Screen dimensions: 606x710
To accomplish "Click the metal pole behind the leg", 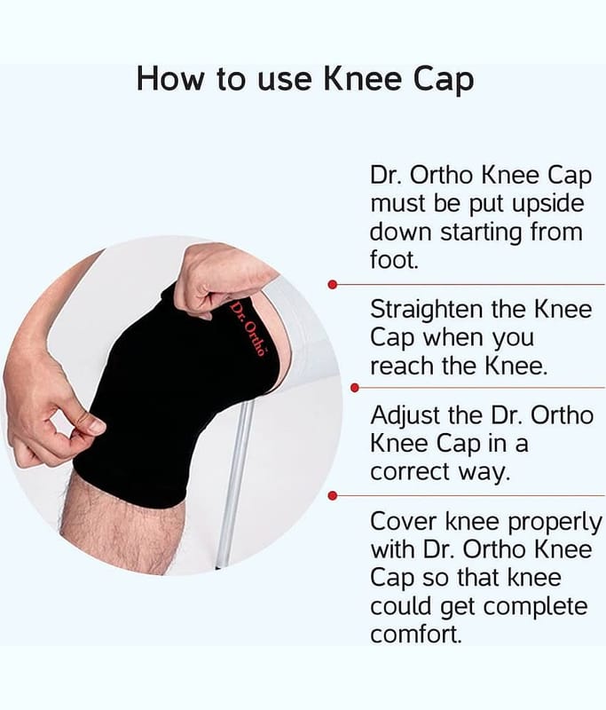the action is pyautogui.click(x=235, y=480).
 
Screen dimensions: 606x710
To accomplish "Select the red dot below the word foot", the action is pyautogui.click(x=333, y=284).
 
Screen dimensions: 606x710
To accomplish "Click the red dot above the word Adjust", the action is pyautogui.click(x=355, y=388).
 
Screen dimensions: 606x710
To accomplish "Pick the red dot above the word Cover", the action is pyautogui.click(x=333, y=496).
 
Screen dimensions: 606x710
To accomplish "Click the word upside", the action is pyautogui.click(x=548, y=205).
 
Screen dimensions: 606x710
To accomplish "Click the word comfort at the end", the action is pyautogui.click(x=414, y=634).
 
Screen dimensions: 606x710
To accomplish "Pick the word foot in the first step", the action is pyautogui.click(x=393, y=260).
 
